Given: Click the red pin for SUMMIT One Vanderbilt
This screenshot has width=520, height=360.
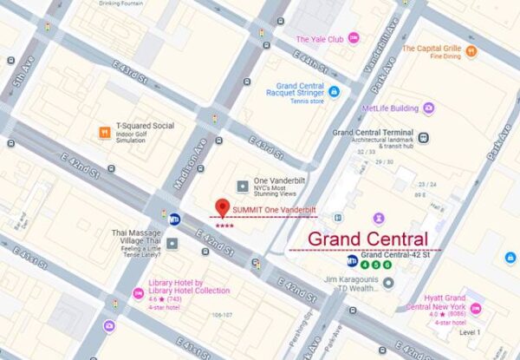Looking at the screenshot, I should pyautogui.click(x=222, y=208).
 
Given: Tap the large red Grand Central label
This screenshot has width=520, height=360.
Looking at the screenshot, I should pyautogui.click(x=367, y=239).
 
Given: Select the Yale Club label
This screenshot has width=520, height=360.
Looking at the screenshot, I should pyautogui.click(x=320, y=39).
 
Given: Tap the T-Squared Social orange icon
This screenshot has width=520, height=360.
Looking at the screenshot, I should pyautogui.click(x=105, y=132).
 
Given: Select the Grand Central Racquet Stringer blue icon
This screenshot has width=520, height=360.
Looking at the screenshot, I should pyautogui.click(x=334, y=91).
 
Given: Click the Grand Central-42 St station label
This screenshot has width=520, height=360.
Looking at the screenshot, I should pyautogui.click(x=400, y=255).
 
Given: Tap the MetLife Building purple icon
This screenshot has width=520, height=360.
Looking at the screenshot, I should pyautogui.click(x=428, y=108).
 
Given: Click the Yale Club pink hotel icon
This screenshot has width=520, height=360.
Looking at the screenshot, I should pyautogui.click(x=354, y=39).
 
